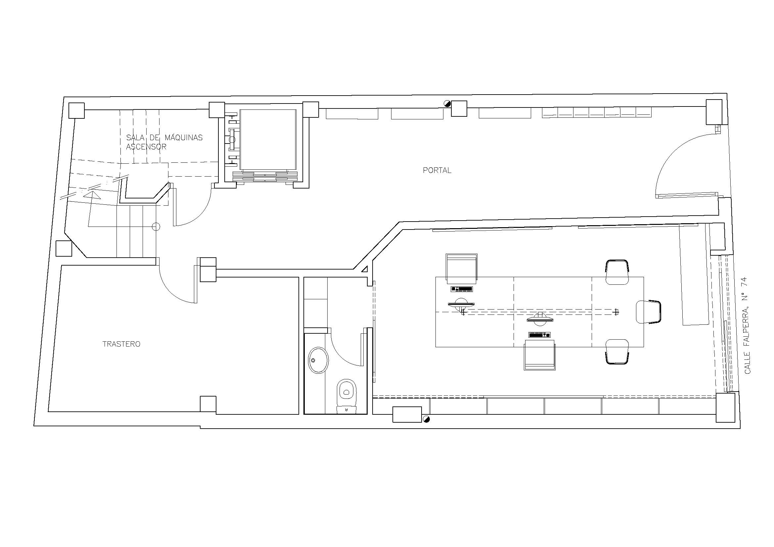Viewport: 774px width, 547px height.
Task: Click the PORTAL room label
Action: tap(437, 170)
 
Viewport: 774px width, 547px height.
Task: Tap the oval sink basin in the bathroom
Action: tap(318, 360)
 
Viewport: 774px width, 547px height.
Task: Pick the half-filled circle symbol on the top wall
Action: tap(447, 104)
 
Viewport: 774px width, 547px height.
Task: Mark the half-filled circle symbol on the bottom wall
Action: tap(426, 419)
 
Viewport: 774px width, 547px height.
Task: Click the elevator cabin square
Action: tap(268, 140)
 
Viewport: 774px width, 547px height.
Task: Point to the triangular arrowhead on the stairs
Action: tap(92, 195)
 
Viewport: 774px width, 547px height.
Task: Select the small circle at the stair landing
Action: tap(156, 227)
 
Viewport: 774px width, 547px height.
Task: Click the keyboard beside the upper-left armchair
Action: tap(462, 289)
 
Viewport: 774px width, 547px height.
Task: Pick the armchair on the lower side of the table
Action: tap(539, 355)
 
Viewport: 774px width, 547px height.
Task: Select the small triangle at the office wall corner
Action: tap(365, 269)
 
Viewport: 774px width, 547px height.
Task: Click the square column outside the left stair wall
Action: tap(64, 249)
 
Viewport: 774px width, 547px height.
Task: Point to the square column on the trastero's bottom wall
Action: tap(208, 404)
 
